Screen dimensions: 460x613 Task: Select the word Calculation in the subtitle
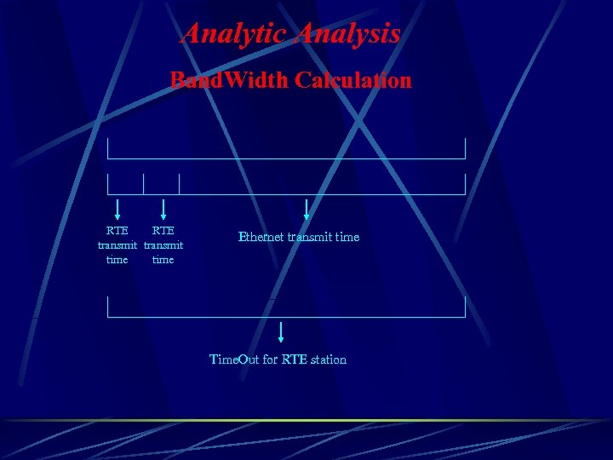tap(353, 80)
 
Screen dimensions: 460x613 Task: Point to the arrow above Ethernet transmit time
tap(306, 210)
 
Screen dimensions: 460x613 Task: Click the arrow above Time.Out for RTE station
tap(281, 331)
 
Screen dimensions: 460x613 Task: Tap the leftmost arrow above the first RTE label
tap(117, 209)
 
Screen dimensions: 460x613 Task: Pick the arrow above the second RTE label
tap(163, 209)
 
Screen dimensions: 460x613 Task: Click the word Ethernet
tap(261, 237)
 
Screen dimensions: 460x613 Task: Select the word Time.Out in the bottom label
tap(234, 359)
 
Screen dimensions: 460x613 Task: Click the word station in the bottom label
tap(329, 359)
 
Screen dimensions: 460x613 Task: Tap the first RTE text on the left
tap(117, 230)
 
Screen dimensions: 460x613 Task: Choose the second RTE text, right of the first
tap(163, 230)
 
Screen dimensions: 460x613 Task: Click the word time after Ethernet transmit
tap(347, 237)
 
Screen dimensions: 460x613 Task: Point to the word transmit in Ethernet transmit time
tap(310, 237)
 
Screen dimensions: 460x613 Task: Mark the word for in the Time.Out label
tap(270, 359)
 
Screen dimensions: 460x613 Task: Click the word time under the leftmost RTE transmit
tap(117, 259)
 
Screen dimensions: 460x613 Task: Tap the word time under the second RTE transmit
tap(163, 259)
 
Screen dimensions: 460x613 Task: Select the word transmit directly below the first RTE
tap(117, 245)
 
